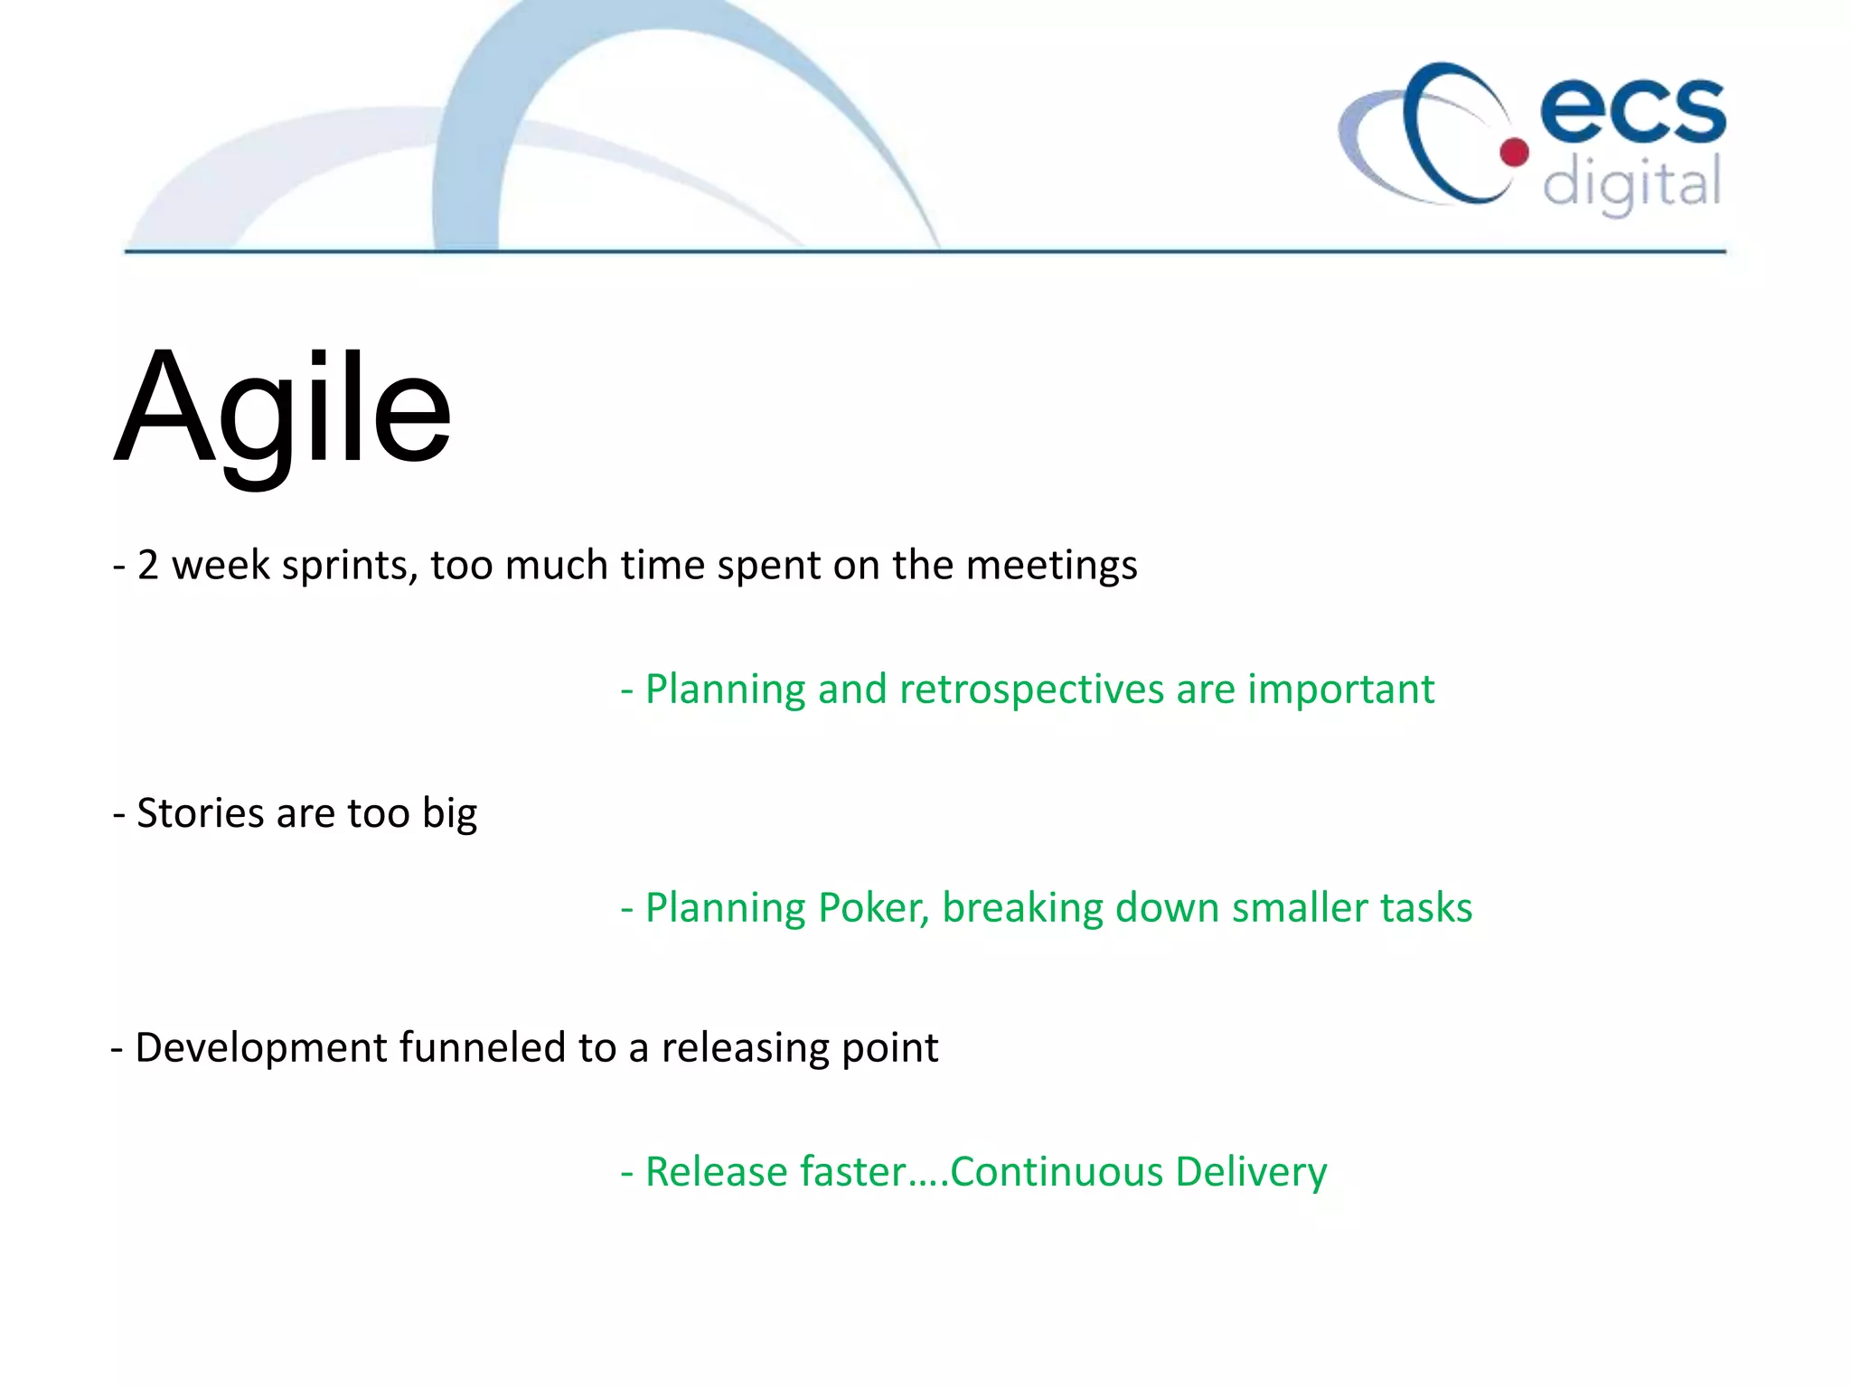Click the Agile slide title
point(282,411)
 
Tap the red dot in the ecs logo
point(1515,153)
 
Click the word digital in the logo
point(1631,183)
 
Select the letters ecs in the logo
point(1632,110)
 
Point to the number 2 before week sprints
point(148,566)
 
